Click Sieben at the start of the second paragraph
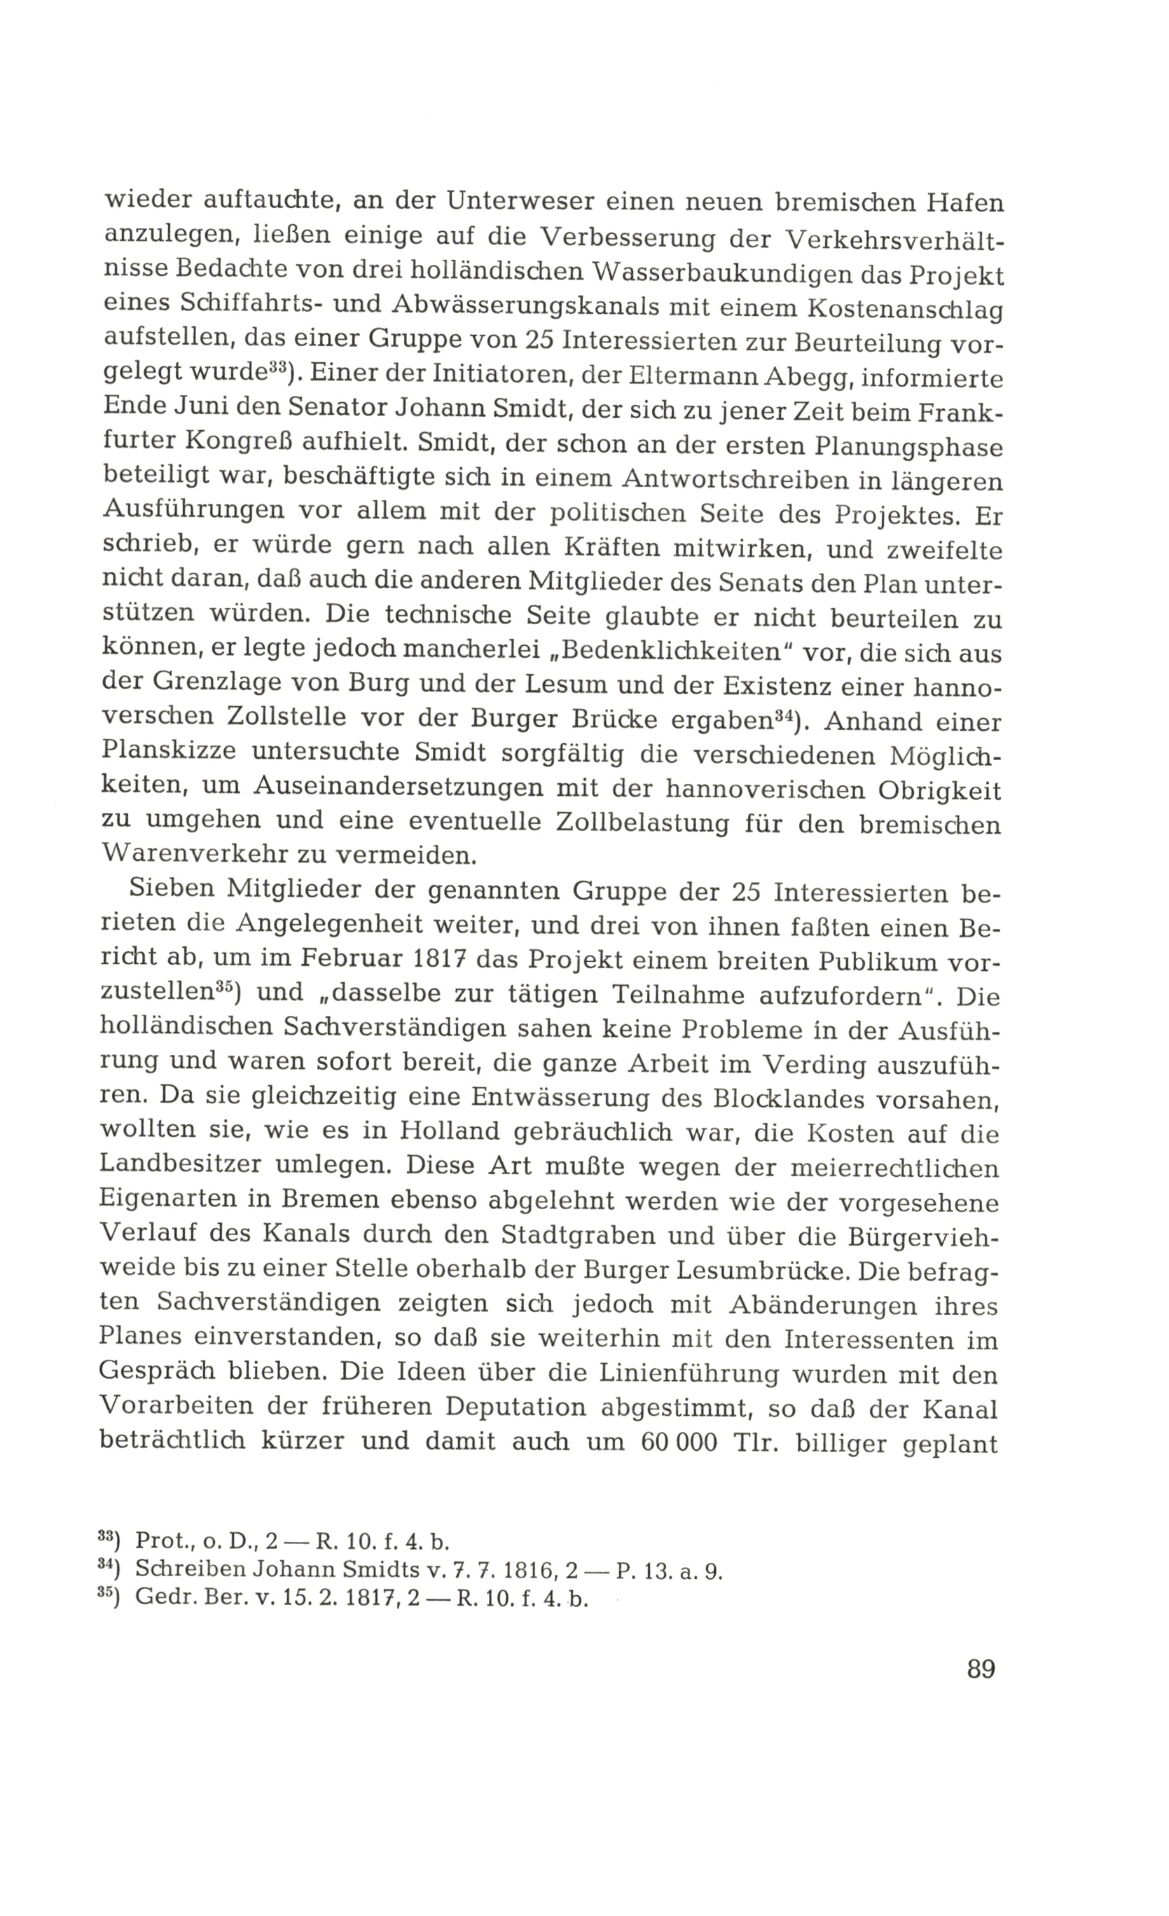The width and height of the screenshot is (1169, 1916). click(x=168, y=892)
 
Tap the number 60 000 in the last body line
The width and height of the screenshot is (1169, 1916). click(x=682, y=1444)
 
